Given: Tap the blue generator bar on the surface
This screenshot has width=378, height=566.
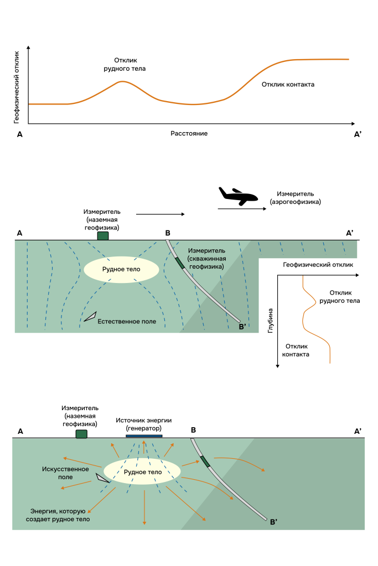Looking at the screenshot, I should coord(144,436).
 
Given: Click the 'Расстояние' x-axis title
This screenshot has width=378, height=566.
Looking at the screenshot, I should coord(189,134).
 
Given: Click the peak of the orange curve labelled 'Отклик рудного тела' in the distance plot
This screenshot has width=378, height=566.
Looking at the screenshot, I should coord(122,82).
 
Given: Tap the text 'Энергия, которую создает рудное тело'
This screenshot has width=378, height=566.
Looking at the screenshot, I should coord(61,515).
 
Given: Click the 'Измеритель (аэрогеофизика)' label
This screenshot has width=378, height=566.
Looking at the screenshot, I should coord(295,198).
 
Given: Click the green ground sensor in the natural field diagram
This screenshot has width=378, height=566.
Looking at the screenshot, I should coord(103,236).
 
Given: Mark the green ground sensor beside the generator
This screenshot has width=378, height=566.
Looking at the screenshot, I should coord(81,434).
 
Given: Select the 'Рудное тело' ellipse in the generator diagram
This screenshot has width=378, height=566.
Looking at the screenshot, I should coord(143,472).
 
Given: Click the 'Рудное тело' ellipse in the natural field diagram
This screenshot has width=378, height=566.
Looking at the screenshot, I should coord(121,270).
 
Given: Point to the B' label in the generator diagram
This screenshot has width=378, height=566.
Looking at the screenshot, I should coord(273,521).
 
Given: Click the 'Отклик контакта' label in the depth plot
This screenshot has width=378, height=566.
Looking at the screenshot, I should coord(296,350).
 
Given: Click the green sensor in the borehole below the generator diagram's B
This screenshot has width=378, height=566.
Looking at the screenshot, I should coord(205,462).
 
